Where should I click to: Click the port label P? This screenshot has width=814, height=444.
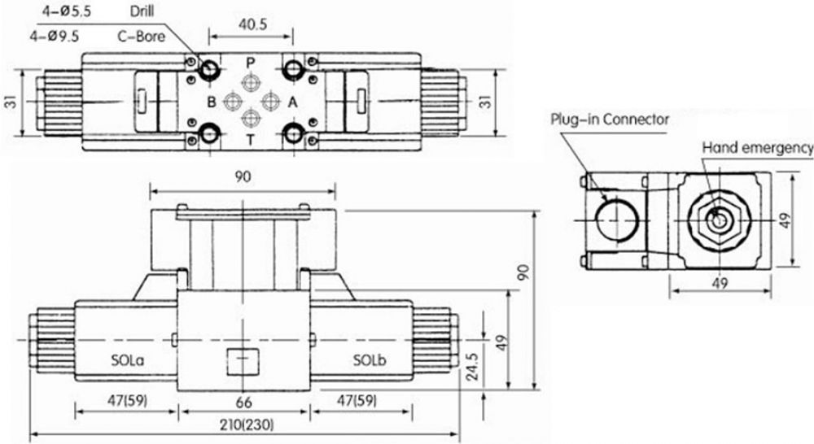(x=251, y=63)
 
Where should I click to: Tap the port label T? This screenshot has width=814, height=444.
(x=251, y=140)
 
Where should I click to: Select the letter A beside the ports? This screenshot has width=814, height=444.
(x=293, y=102)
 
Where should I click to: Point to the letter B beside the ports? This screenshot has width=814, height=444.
(x=212, y=102)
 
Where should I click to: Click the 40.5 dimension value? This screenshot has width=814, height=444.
(x=252, y=24)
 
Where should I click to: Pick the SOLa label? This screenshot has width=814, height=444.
(x=128, y=359)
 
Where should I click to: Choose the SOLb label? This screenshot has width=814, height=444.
(x=370, y=359)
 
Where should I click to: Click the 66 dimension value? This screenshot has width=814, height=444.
(x=243, y=402)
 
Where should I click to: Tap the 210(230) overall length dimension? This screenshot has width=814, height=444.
(x=246, y=424)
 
